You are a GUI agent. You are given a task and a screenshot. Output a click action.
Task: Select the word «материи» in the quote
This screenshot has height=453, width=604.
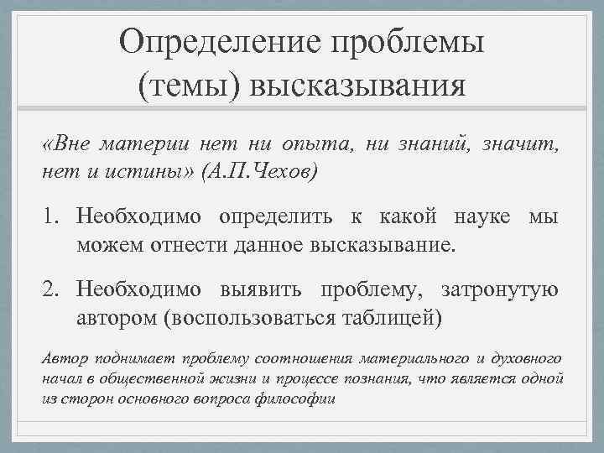tap(134, 145)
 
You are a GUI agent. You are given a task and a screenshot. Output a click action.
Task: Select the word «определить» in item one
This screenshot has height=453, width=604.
tap(278, 219)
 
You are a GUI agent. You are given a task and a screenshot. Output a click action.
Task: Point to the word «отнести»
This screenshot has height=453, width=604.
tap(177, 246)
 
